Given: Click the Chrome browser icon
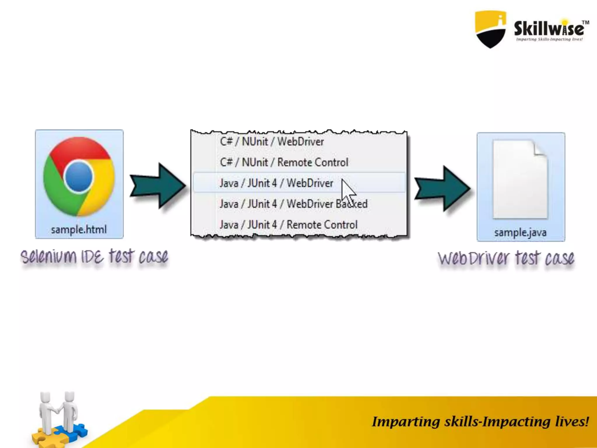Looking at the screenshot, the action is pos(79,176).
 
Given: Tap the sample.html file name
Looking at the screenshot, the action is pos(79,230).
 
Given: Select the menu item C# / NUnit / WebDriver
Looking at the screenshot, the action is pos(272,142).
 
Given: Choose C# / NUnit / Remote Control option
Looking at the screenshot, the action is pos(284,162).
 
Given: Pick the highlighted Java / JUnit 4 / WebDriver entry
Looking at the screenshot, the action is pos(276,183).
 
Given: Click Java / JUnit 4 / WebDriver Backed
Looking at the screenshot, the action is pos(293,204).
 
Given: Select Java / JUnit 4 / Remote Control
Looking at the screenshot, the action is pos(288,225).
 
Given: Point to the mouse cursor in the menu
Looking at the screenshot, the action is pos(347,191).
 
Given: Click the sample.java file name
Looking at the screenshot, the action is pos(520,233).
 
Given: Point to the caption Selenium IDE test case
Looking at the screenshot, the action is pos(94,257).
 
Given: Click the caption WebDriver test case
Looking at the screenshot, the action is pos(506,258).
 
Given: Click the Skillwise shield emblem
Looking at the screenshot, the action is pos(490,29).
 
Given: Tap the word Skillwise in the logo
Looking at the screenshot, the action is pos(549,29).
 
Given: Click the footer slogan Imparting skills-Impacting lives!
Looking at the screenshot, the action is pos(480,422).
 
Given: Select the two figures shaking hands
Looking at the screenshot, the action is pos(58,411).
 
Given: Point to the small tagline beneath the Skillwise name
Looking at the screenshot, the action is pos(549,39).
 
